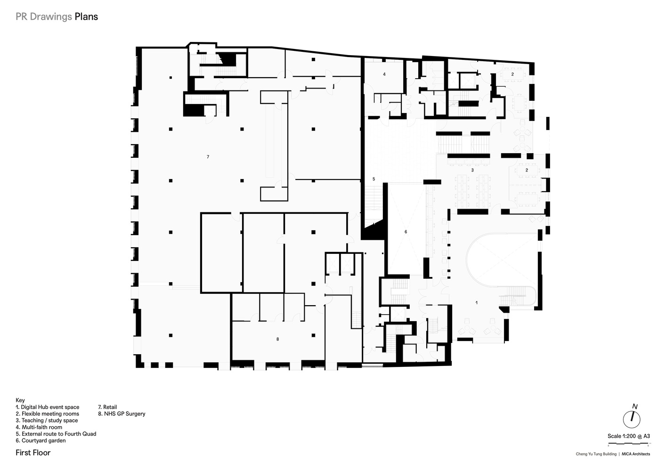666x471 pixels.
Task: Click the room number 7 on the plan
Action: tap(208, 157)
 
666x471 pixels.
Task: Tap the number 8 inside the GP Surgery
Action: tap(278, 339)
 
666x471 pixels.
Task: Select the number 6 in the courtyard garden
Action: tap(406, 232)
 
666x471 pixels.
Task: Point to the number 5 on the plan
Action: tap(374, 179)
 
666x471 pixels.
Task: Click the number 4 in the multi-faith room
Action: tap(384, 74)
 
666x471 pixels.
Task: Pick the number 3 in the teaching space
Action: tap(472, 170)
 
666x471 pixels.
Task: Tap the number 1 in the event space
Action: tap(477, 302)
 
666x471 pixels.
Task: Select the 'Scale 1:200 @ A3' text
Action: tap(628, 436)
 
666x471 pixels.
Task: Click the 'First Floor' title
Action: tap(33, 453)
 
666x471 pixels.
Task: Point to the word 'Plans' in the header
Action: tap(86, 16)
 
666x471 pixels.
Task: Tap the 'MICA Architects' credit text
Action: tap(635, 454)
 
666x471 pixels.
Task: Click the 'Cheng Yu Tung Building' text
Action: tap(596, 454)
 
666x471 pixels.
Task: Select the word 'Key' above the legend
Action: tap(20, 400)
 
